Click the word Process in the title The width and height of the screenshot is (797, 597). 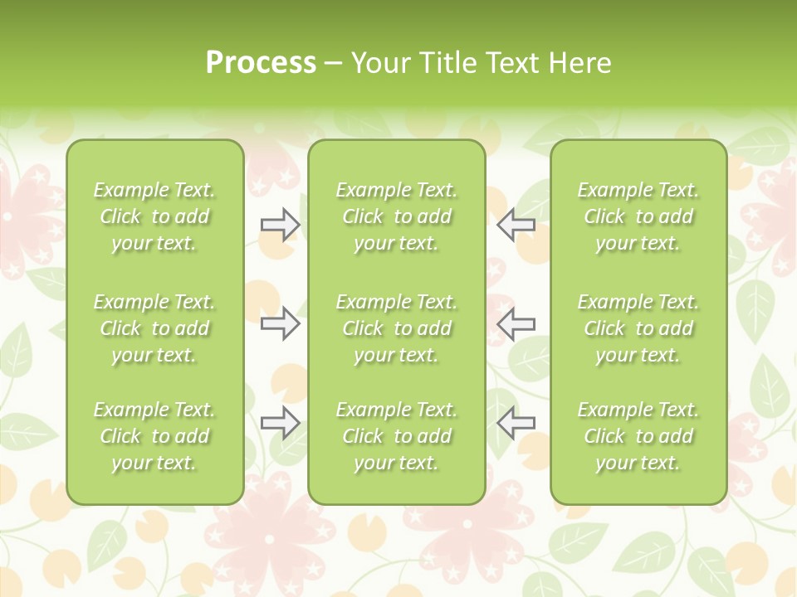click(261, 63)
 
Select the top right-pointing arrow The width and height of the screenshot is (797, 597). click(280, 225)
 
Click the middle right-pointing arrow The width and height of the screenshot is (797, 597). click(280, 323)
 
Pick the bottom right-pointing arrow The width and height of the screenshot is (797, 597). click(280, 422)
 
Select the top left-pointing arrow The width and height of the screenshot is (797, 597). click(516, 225)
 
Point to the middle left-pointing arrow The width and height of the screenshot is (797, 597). click(516, 323)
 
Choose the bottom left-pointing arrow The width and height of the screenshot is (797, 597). click(516, 422)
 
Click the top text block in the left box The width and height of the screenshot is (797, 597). click(154, 216)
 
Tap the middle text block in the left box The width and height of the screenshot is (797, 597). click(154, 328)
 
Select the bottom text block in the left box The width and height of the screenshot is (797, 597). click(154, 436)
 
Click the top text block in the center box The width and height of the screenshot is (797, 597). click(396, 216)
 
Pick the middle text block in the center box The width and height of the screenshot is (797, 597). click(396, 328)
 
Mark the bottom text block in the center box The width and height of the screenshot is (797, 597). click(396, 436)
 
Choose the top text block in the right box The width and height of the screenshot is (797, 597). click(638, 216)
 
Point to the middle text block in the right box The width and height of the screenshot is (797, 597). click(638, 328)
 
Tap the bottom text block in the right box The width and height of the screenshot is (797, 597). click(638, 436)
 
